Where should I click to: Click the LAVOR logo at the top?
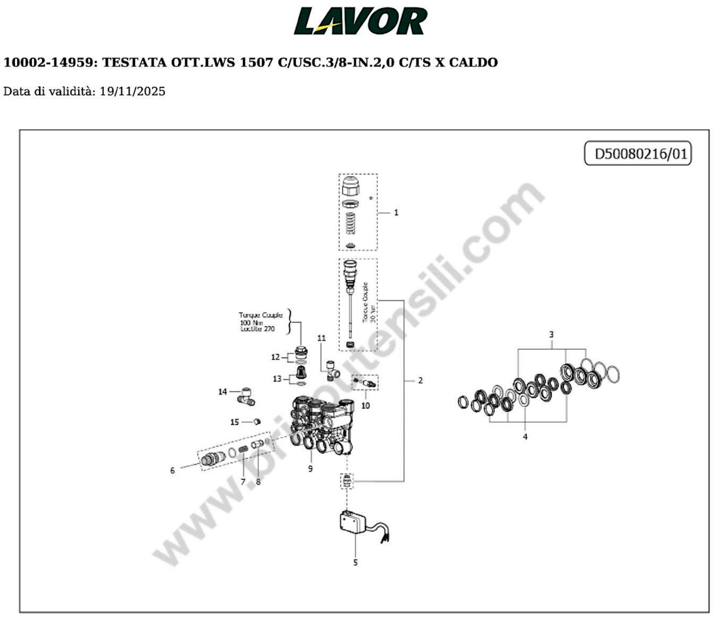360,21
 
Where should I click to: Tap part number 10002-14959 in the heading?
48,63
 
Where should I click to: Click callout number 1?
396,213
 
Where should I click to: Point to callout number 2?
420,381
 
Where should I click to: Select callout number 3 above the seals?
551,334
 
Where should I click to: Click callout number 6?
172,471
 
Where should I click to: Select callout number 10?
365,406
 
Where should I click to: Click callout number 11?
321,338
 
